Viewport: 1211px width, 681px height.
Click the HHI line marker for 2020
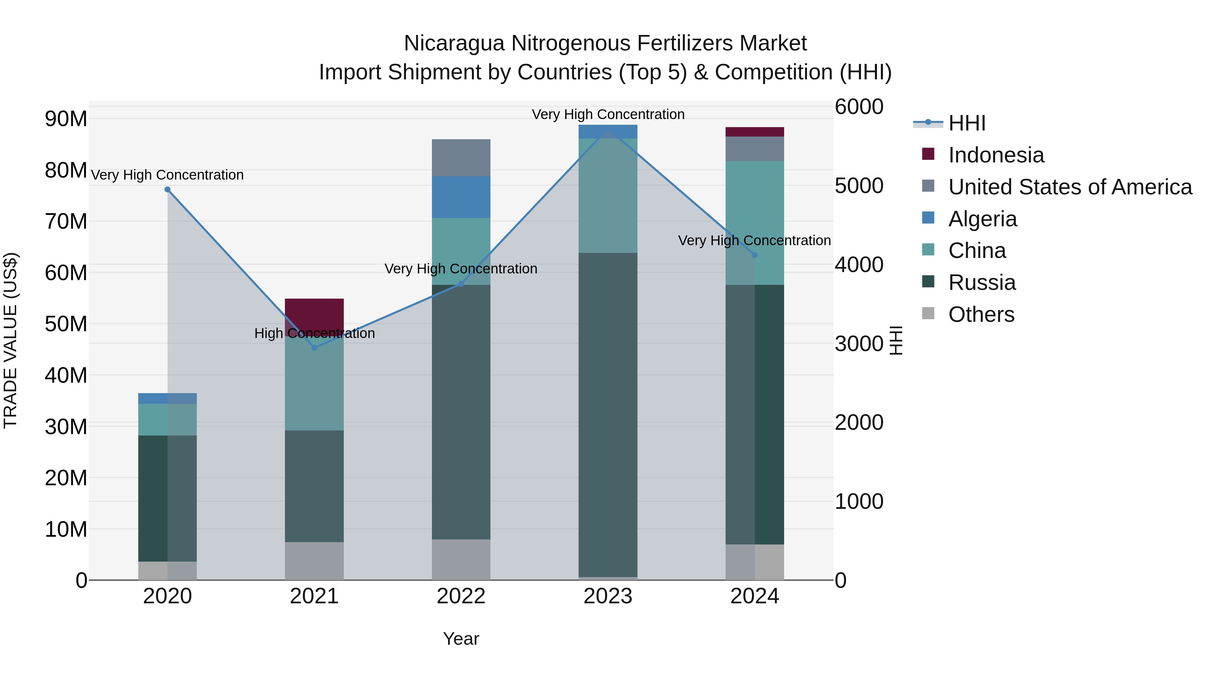coord(168,189)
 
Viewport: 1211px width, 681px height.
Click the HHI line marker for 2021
coord(315,348)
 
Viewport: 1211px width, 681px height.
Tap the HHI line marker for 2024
coord(755,255)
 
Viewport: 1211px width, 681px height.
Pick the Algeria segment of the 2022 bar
coord(461,197)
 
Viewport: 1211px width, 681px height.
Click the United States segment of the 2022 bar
coord(461,157)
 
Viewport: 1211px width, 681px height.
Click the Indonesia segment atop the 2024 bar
coord(755,131)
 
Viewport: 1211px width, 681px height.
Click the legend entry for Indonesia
coord(996,155)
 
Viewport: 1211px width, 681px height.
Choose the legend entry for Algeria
coord(983,219)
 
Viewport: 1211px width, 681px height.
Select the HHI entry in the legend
coord(966,123)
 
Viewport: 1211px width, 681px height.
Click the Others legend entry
coord(981,314)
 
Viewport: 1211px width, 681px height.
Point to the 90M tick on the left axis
coord(66,119)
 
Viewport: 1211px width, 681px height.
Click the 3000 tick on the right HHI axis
coord(858,344)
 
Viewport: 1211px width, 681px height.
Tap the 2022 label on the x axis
coord(461,596)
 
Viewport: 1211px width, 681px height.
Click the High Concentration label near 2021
coord(315,333)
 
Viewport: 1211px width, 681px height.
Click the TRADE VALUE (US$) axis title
coord(10,340)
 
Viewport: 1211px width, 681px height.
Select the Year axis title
coord(461,639)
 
